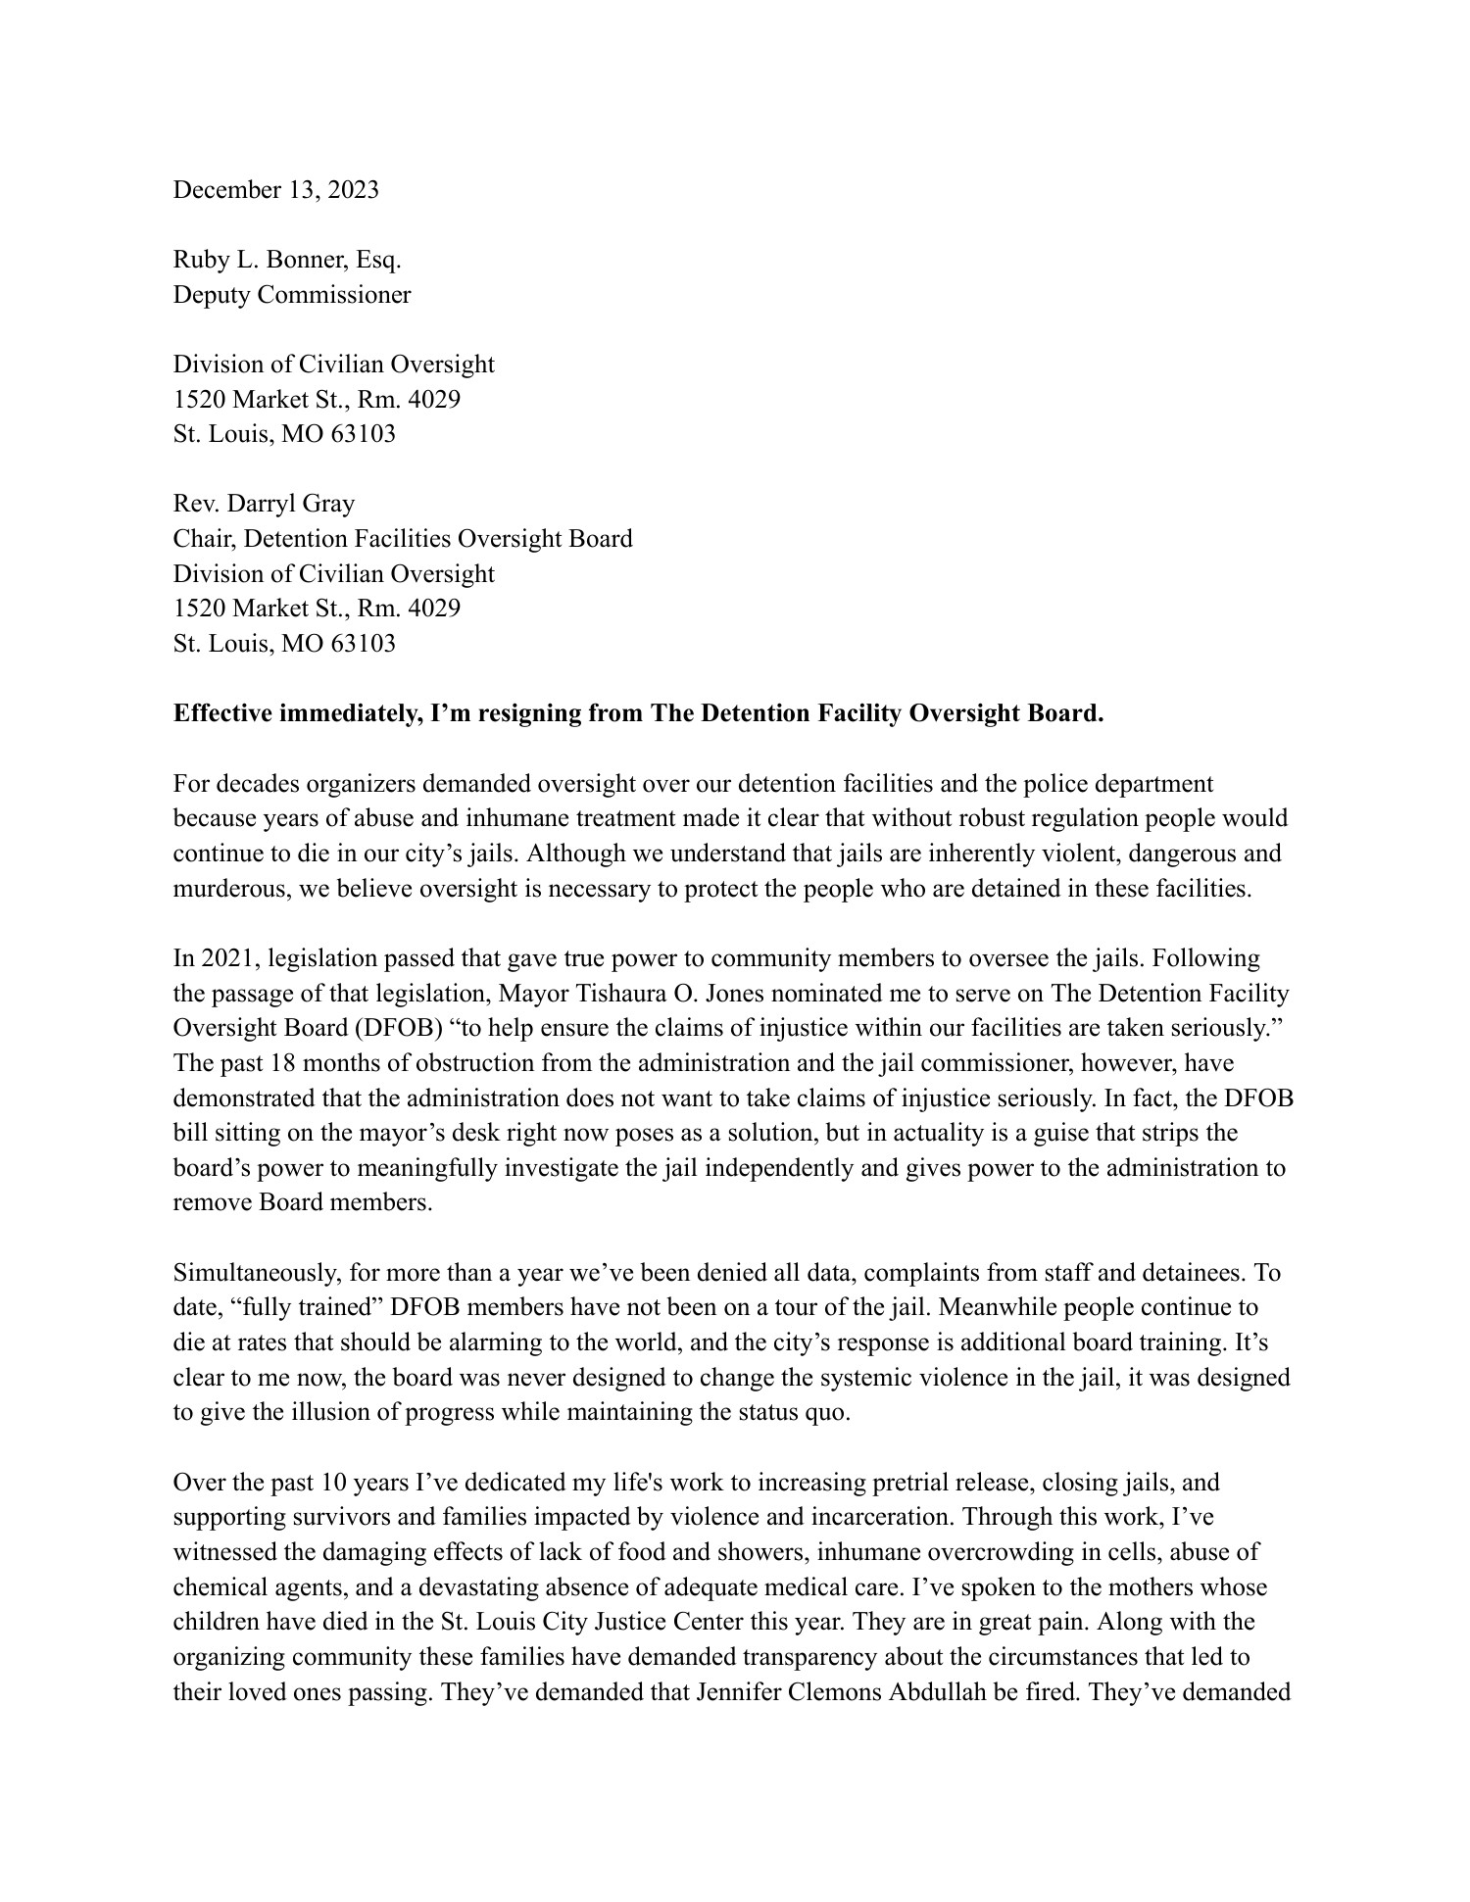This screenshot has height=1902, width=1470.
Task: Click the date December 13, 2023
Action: (275, 190)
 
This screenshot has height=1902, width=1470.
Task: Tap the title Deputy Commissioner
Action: (292, 295)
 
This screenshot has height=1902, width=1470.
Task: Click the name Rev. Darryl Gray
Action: (264, 504)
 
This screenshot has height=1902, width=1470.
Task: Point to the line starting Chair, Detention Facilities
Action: (402, 539)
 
